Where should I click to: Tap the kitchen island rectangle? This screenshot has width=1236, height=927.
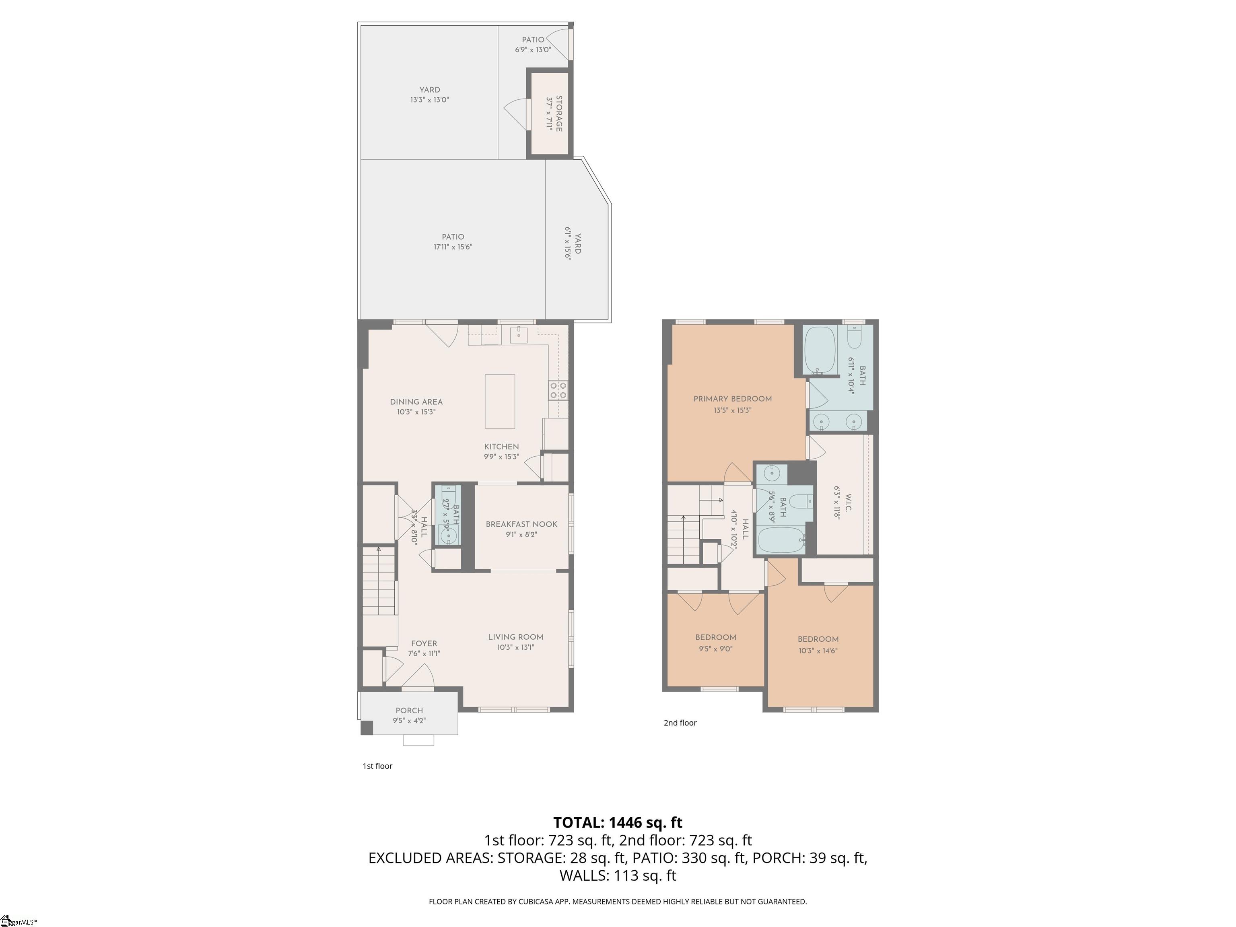click(x=500, y=401)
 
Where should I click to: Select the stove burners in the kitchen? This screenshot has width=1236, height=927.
click(x=558, y=390)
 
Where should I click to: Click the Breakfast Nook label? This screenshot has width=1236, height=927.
click(x=521, y=524)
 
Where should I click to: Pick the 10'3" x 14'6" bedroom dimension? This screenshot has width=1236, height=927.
click(x=818, y=651)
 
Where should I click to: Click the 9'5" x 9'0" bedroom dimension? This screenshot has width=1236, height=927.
click(x=715, y=649)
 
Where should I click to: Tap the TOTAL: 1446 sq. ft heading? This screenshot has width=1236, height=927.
click(x=618, y=822)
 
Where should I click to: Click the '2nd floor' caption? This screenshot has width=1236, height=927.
click(x=680, y=723)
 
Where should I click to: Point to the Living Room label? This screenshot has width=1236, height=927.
click(x=515, y=637)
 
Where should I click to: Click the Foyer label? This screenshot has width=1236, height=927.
click(x=424, y=644)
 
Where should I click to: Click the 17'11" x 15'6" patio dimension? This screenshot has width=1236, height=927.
click(x=453, y=246)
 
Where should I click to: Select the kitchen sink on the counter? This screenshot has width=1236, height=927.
click(x=519, y=334)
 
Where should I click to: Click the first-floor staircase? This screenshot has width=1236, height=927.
click(x=379, y=581)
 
